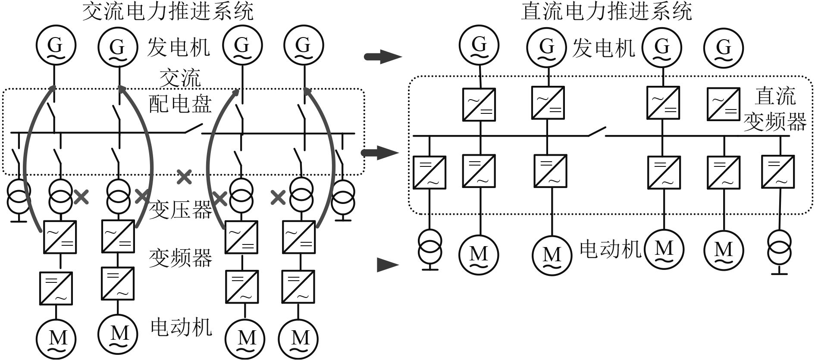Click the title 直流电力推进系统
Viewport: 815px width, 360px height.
click(x=606, y=12)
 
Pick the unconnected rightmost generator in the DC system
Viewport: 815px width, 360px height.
click(x=724, y=47)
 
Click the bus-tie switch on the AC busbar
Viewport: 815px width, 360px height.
click(x=194, y=128)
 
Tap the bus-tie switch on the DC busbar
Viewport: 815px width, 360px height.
click(x=597, y=131)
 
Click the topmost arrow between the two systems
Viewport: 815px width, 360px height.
click(x=383, y=56)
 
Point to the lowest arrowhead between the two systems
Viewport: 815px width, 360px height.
click(x=387, y=264)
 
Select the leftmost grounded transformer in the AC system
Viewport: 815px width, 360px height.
click(x=19, y=196)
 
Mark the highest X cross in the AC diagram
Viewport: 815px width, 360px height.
click(x=185, y=176)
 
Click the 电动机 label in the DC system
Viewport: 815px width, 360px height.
click(x=611, y=249)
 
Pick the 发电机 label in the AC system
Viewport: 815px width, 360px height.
click(x=179, y=47)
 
